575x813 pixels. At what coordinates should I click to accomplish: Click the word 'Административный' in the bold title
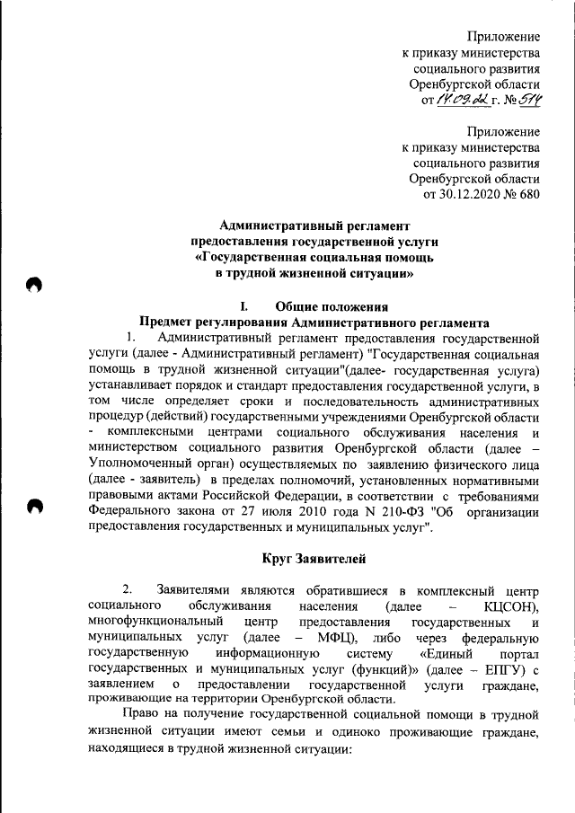tap(279, 225)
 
